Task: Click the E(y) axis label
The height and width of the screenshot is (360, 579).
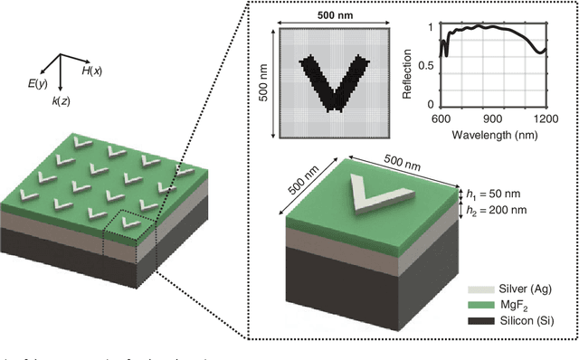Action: tap(36, 83)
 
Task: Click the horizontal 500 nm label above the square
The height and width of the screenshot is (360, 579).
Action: tap(334, 16)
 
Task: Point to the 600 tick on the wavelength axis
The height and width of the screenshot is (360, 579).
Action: tap(441, 119)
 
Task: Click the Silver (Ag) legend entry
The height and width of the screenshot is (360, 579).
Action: tap(518, 288)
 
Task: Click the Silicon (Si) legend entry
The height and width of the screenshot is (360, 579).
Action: tap(520, 322)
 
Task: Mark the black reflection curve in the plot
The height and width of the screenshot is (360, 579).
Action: tap(489, 27)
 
